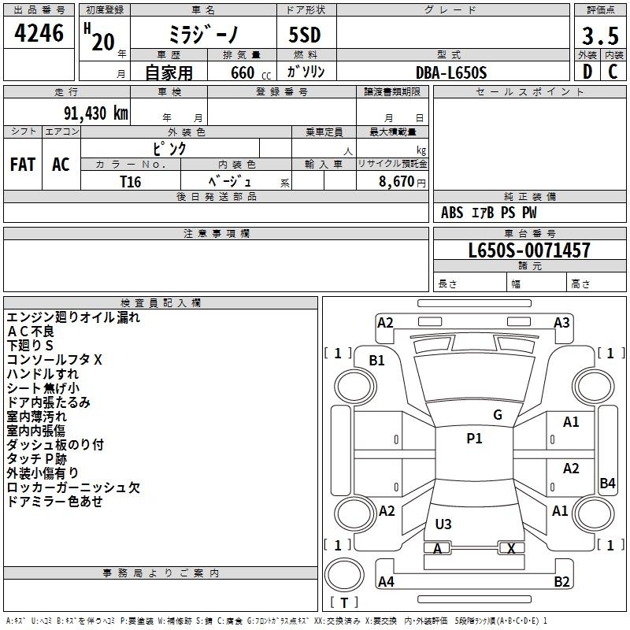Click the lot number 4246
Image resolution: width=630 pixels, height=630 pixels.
(x=39, y=33)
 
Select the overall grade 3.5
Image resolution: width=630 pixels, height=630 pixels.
(x=600, y=35)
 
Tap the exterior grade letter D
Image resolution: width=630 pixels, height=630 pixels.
(x=587, y=72)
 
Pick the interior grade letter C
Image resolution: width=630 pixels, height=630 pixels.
(x=613, y=72)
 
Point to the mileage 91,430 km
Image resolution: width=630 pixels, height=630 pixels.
(x=96, y=113)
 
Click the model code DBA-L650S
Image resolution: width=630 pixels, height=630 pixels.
(x=451, y=72)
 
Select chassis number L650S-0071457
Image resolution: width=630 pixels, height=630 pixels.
(x=529, y=250)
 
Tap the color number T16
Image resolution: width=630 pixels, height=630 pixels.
(x=131, y=182)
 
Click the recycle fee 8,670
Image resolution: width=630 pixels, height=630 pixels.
(x=397, y=182)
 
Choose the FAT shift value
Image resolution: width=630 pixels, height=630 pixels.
(x=23, y=165)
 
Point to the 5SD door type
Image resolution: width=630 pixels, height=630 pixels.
(x=305, y=35)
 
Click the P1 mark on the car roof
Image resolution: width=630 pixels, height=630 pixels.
(x=474, y=439)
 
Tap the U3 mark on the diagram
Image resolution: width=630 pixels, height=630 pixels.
(x=443, y=524)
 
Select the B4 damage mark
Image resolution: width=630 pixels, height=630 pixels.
(x=607, y=483)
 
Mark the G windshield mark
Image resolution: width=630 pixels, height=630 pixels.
(x=498, y=415)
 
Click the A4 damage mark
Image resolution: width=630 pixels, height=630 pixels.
(x=386, y=581)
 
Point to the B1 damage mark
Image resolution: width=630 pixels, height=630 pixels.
(x=376, y=361)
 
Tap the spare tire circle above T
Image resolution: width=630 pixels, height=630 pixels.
(x=344, y=575)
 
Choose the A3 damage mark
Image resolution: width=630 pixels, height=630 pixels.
(x=561, y=323)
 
